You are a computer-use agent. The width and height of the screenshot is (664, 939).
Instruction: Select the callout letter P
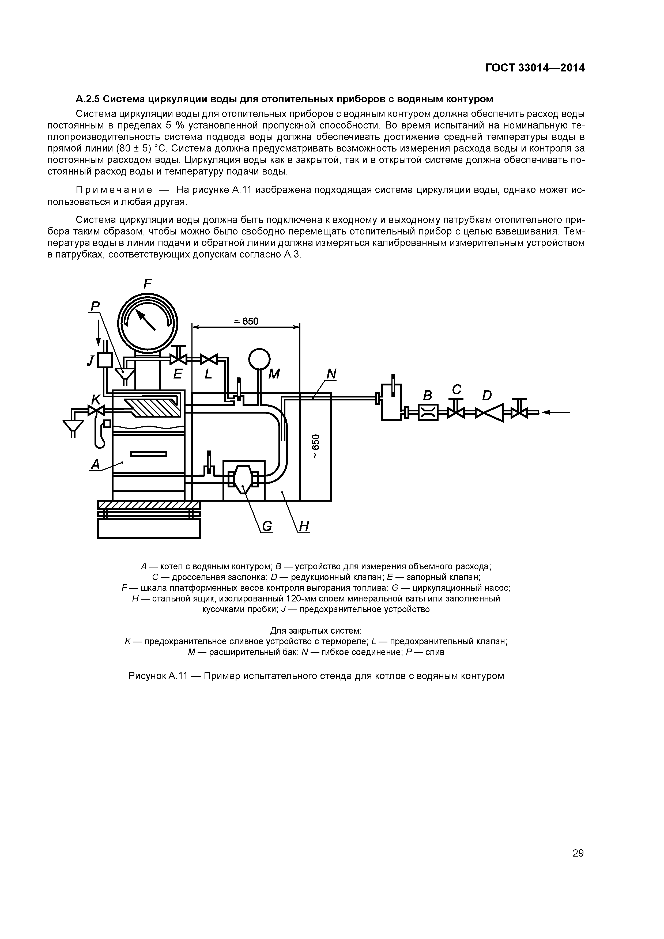(x=95, y=306)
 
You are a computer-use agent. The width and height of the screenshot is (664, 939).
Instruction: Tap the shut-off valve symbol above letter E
(x=178, y=359)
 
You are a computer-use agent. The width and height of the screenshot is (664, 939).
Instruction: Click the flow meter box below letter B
(x=428, y=412)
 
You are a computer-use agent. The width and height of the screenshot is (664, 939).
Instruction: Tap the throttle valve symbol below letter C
(x=456, y=412)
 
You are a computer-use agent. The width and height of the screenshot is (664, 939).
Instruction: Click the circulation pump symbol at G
(x=243, y=479)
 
